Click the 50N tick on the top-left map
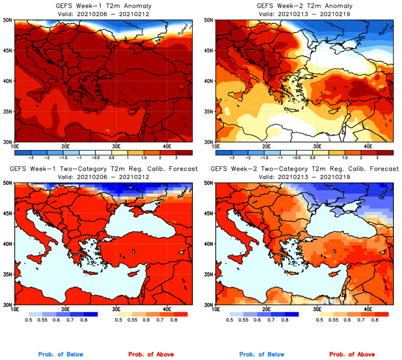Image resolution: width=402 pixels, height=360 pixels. [x=8, y=20]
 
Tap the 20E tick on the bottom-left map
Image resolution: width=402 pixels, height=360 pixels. [x=65, y=309]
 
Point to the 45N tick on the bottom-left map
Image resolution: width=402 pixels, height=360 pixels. [x=8, y=213]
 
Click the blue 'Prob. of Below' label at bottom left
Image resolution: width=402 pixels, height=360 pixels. [x=60, y=355]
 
